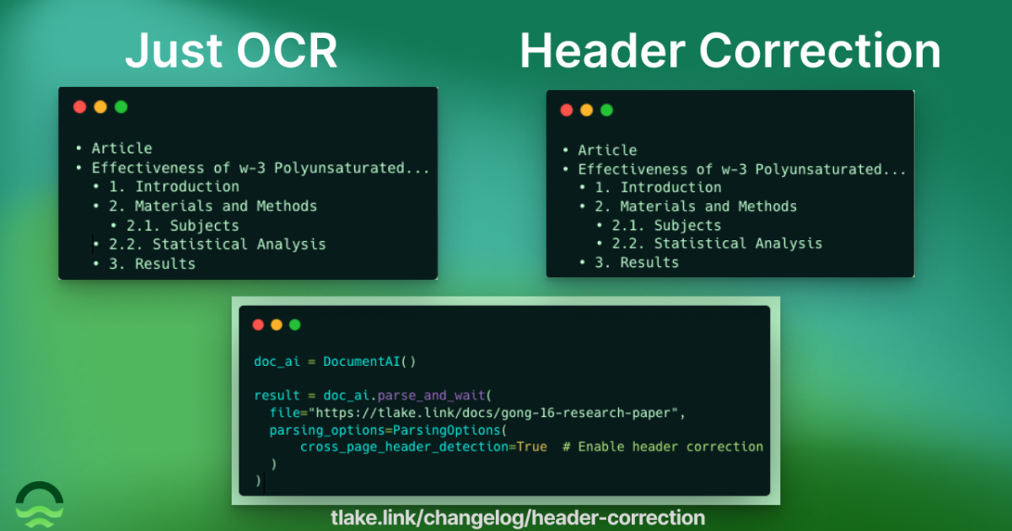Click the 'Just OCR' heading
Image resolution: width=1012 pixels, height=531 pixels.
point(231,51)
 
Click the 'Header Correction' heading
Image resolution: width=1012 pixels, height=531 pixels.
point(730,51)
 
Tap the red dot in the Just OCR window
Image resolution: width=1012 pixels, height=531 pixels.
point(80,107)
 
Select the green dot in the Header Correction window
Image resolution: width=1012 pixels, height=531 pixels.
point(606,110)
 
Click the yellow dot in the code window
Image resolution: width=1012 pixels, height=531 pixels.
point(277,324)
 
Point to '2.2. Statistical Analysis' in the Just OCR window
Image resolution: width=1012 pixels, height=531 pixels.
point(217,244)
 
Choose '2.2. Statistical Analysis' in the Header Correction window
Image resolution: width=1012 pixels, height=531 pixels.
point(717,244)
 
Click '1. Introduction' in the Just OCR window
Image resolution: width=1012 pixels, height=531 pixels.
point(174,186)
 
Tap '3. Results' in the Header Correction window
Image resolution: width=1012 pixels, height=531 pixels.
point(637,262)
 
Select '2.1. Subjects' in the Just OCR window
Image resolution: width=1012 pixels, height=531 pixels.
point(182,225)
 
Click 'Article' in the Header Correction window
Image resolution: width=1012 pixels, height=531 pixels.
point(607,150)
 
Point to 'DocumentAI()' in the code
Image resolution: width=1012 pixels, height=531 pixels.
point(369,362)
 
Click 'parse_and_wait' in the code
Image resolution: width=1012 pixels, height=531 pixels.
point(431,395)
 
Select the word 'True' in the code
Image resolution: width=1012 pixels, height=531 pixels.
point(532,447)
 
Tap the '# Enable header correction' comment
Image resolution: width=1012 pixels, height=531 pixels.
point(663,447)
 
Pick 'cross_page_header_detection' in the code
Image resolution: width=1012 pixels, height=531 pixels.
point(404,447)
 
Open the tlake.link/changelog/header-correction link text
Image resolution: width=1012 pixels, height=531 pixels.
point(518,518)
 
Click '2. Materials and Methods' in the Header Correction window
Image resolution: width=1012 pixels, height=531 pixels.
point(696,206)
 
